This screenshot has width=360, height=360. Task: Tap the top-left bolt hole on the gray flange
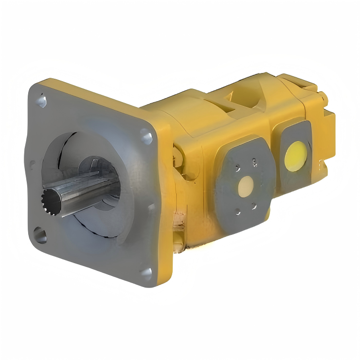pos(42,101)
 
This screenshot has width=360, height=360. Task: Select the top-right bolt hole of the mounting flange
pos(146,136)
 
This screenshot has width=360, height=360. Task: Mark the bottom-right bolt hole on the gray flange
pos(144,272)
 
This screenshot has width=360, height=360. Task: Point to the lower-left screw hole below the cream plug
pos(237,212)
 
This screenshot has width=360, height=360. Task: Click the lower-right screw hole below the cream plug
pos(254,206)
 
